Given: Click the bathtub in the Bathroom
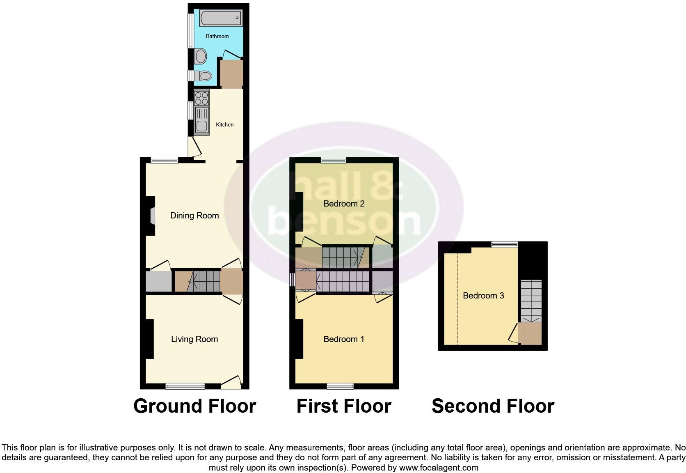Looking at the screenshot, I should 221,18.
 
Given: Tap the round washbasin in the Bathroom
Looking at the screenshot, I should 201,56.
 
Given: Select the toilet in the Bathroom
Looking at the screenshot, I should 203,76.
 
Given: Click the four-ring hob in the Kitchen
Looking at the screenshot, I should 201,98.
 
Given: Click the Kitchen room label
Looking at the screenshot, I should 225,124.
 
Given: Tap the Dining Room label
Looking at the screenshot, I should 194,216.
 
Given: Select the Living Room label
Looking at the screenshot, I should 194,339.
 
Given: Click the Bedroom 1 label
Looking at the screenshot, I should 344,339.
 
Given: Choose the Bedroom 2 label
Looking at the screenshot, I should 344,204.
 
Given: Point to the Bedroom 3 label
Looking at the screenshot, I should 483,296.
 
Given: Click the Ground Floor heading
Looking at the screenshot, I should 194,406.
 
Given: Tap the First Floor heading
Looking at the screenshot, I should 344,406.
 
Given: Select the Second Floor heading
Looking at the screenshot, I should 493,406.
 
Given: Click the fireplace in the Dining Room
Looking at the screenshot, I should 151,216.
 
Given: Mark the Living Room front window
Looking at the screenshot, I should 185,386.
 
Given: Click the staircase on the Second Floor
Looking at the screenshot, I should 531,301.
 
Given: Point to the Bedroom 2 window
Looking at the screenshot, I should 333,161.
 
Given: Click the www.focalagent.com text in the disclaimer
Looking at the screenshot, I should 439,468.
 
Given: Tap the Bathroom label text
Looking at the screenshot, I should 217,37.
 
